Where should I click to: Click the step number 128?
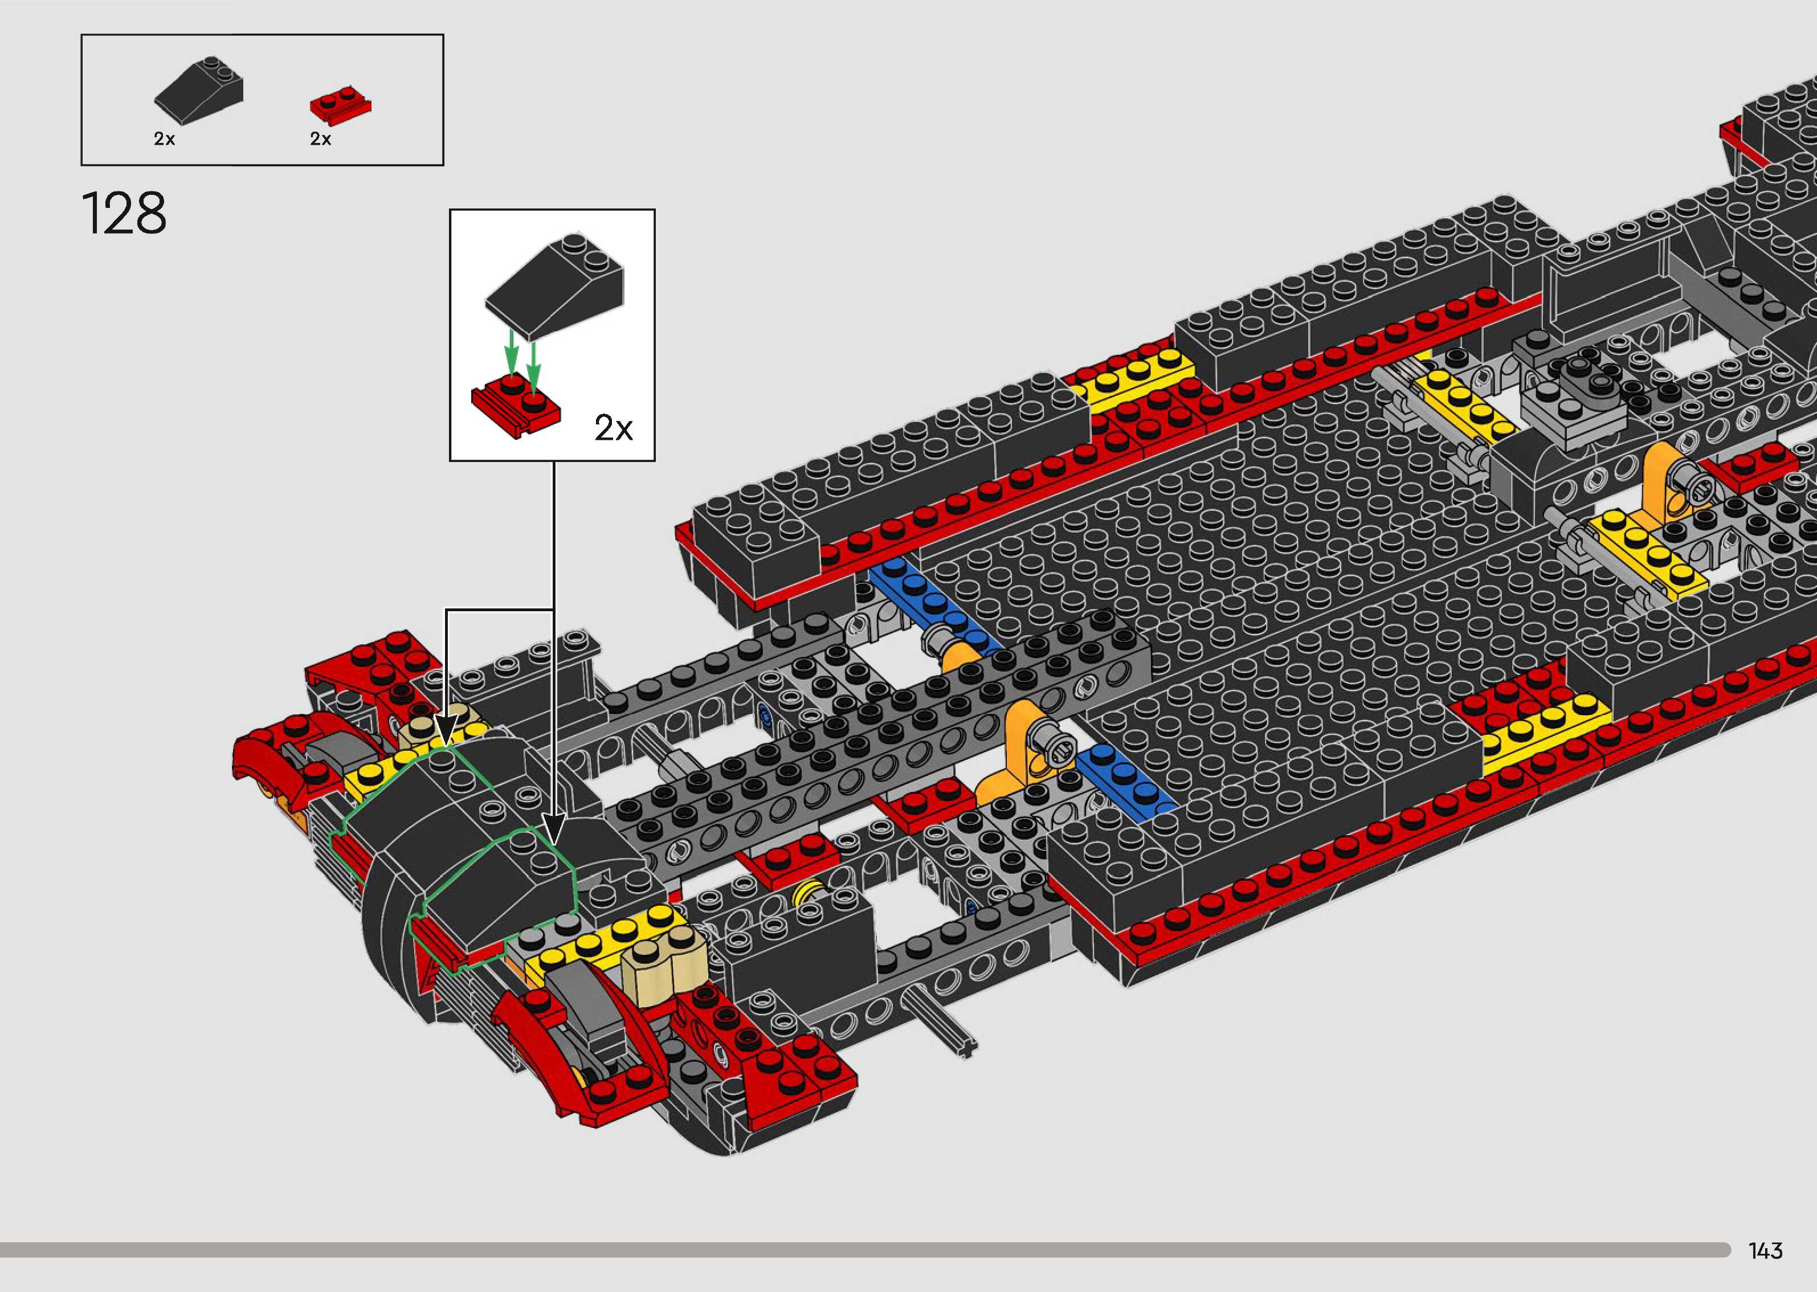[x=124, y=213]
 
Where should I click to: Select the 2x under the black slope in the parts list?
[x=165, y=139]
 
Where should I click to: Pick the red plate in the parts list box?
[x=341, y=105]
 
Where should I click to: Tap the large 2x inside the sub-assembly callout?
[x=613, y=429]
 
